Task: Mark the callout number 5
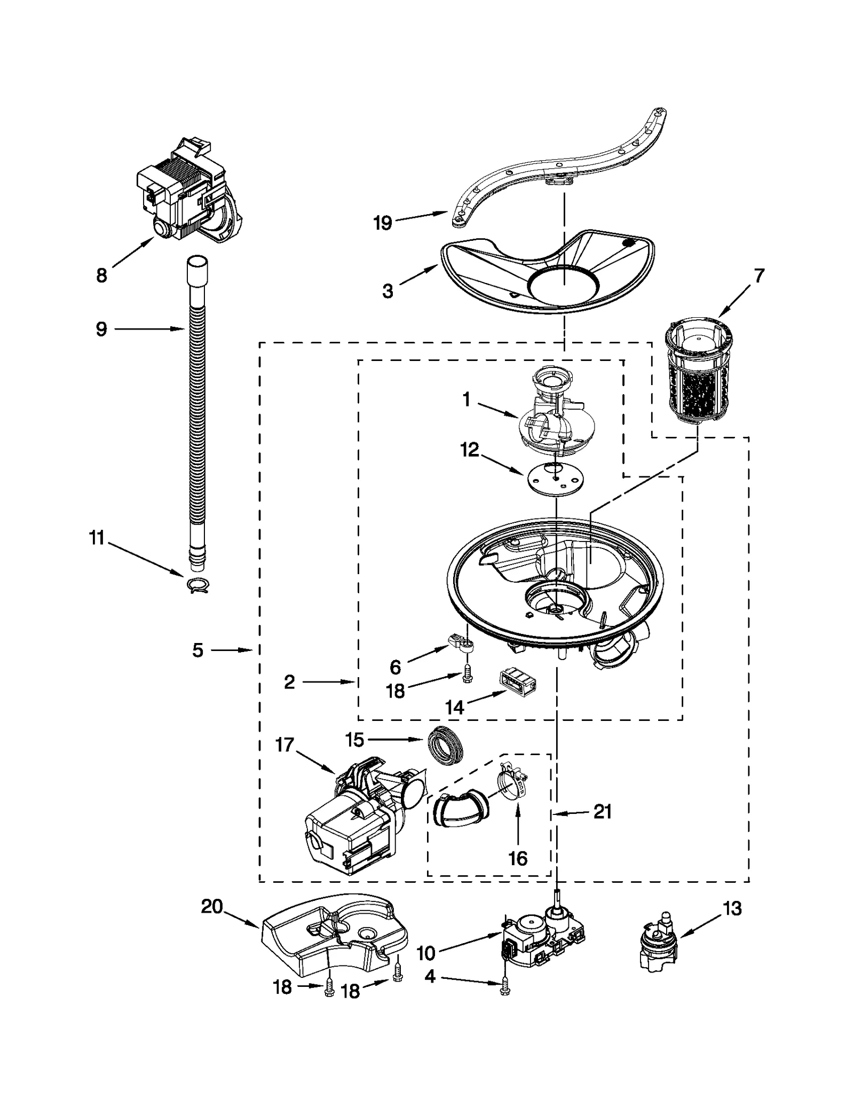(x=197, y=650)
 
